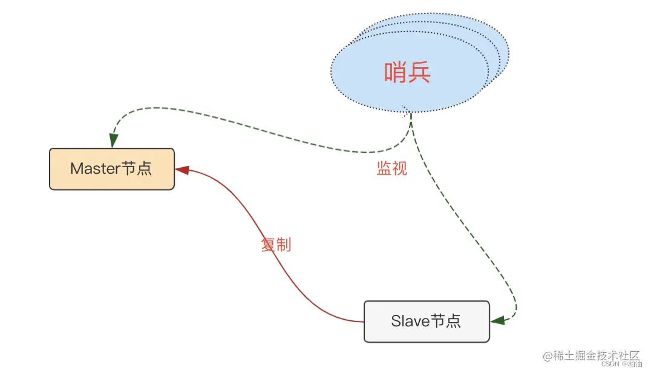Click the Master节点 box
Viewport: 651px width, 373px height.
click(112, 169)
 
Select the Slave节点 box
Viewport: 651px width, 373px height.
click(426, 321)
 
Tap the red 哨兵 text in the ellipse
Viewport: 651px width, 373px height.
click(407, 73)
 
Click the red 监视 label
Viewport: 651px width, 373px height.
click(391, 168)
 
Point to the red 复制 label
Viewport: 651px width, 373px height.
click(276, 245)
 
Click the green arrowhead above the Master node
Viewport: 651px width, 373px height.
click(113, 141)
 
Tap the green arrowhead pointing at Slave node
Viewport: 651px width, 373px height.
click(497, 320)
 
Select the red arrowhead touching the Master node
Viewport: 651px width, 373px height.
click(182, 171)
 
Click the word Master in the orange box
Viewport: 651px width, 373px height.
click(96, 168)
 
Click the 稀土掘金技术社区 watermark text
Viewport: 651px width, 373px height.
click(591, 355)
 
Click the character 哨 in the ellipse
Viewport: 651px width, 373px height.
click(396, 73)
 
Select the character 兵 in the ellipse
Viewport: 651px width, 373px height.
click(419, 73)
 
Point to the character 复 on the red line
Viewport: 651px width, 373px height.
click(268, 245)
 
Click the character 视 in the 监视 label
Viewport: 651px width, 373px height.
click(399, 168)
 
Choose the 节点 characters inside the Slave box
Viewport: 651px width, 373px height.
click(446, 321)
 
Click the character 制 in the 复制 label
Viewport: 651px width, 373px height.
click(284, 245)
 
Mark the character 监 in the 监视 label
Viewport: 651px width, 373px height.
click(384, 168)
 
